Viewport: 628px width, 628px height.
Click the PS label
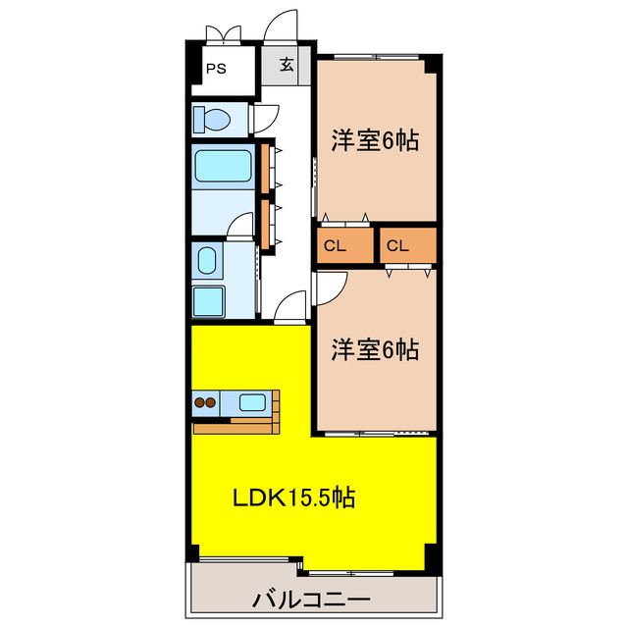click(215, 70)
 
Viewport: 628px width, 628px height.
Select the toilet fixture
click(213, 120)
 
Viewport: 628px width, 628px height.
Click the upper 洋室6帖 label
click(375, 141)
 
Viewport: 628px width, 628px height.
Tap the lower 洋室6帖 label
click(375, 348)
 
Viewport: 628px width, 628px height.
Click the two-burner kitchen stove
click(206, 401)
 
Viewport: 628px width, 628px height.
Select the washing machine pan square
click(208, 299)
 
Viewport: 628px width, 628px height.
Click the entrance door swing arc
click(284, 26)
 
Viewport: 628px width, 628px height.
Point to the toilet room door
click(264, 120)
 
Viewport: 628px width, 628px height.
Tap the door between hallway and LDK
click(290, 308)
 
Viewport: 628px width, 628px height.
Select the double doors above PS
click(223, 32)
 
